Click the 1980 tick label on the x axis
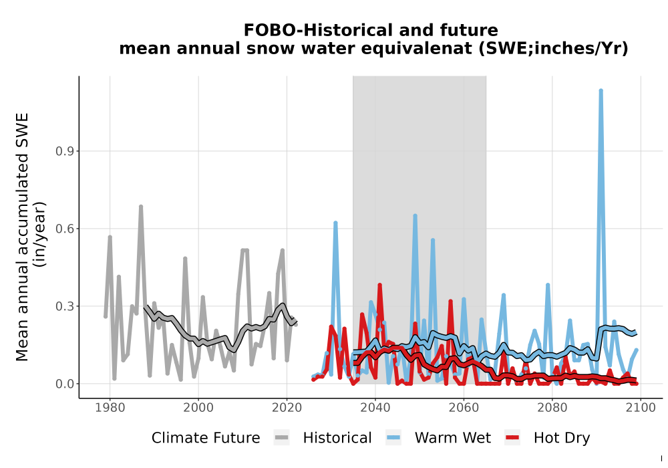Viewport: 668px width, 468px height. [110, 408]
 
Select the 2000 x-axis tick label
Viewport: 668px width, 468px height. [198, 408]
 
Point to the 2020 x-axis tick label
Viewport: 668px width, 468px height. [287, 408]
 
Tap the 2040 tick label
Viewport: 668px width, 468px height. [375, 408]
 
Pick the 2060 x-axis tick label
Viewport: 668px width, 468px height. [464, 408]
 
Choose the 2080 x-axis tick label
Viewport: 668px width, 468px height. [552, 408]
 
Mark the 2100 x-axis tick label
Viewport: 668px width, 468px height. [641, 408]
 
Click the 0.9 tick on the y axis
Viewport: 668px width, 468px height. [64, 151]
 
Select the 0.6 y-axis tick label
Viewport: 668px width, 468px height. [64, 229]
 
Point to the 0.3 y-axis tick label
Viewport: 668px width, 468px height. [64, 306]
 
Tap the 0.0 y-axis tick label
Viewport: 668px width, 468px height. [64, 384]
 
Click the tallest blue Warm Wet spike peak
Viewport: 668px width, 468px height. [601, 91]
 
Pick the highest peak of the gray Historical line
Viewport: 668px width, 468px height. [140, 207]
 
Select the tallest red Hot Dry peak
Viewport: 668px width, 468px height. [379, 285]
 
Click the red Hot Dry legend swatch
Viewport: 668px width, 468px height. [512, 438]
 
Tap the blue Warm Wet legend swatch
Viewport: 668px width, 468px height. [393, 438]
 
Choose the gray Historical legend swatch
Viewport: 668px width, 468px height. [282, 438]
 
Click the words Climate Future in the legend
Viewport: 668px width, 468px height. [206, 438]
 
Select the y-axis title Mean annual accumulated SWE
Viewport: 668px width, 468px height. [22, 237]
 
